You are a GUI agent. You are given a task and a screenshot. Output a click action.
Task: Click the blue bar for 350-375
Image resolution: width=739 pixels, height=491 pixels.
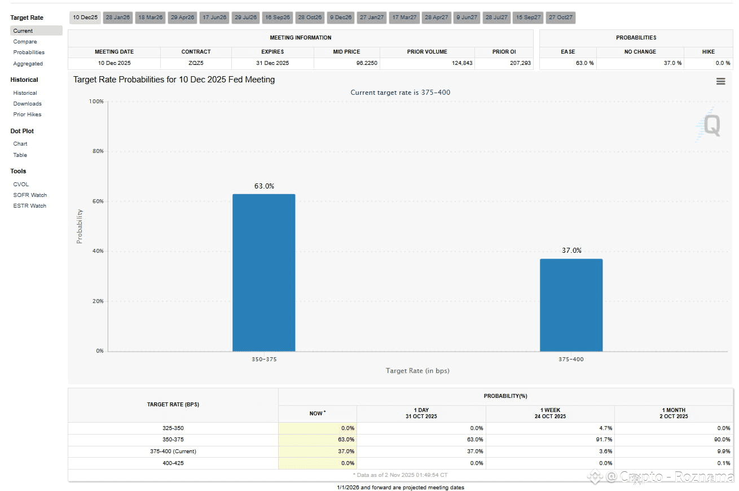point(263,273)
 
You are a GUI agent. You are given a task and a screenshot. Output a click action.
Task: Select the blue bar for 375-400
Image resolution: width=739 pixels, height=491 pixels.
point(571,305)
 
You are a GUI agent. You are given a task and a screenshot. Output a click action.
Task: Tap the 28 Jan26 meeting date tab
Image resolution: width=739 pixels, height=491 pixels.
point(118,17)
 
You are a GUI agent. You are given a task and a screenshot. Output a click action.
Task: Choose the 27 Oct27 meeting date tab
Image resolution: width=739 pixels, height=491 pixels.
point(561,17)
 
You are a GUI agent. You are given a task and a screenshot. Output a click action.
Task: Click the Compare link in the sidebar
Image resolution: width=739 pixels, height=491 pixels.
point(25,42)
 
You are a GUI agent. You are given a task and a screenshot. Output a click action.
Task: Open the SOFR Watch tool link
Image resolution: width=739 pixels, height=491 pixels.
point(30,195)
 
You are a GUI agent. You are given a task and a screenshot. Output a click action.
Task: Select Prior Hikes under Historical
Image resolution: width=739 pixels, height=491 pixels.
point(28,115)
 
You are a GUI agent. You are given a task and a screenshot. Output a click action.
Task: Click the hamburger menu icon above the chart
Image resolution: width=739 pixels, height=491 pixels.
point(720,81)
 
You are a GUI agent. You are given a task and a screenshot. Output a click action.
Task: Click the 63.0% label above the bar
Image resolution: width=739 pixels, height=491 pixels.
point(264,186)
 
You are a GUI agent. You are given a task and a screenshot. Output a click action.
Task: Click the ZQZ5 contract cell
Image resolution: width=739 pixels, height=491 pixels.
point(196,63)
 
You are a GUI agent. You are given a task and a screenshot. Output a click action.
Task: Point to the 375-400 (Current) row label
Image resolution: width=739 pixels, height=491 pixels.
point(173,451)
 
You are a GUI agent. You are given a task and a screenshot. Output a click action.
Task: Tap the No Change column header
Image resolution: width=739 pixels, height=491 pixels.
point(640,52)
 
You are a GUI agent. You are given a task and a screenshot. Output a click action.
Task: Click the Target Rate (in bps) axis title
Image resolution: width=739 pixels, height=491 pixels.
point(417,371)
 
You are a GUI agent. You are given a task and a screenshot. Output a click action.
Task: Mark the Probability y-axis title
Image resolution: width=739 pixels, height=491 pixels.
point(80,226)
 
